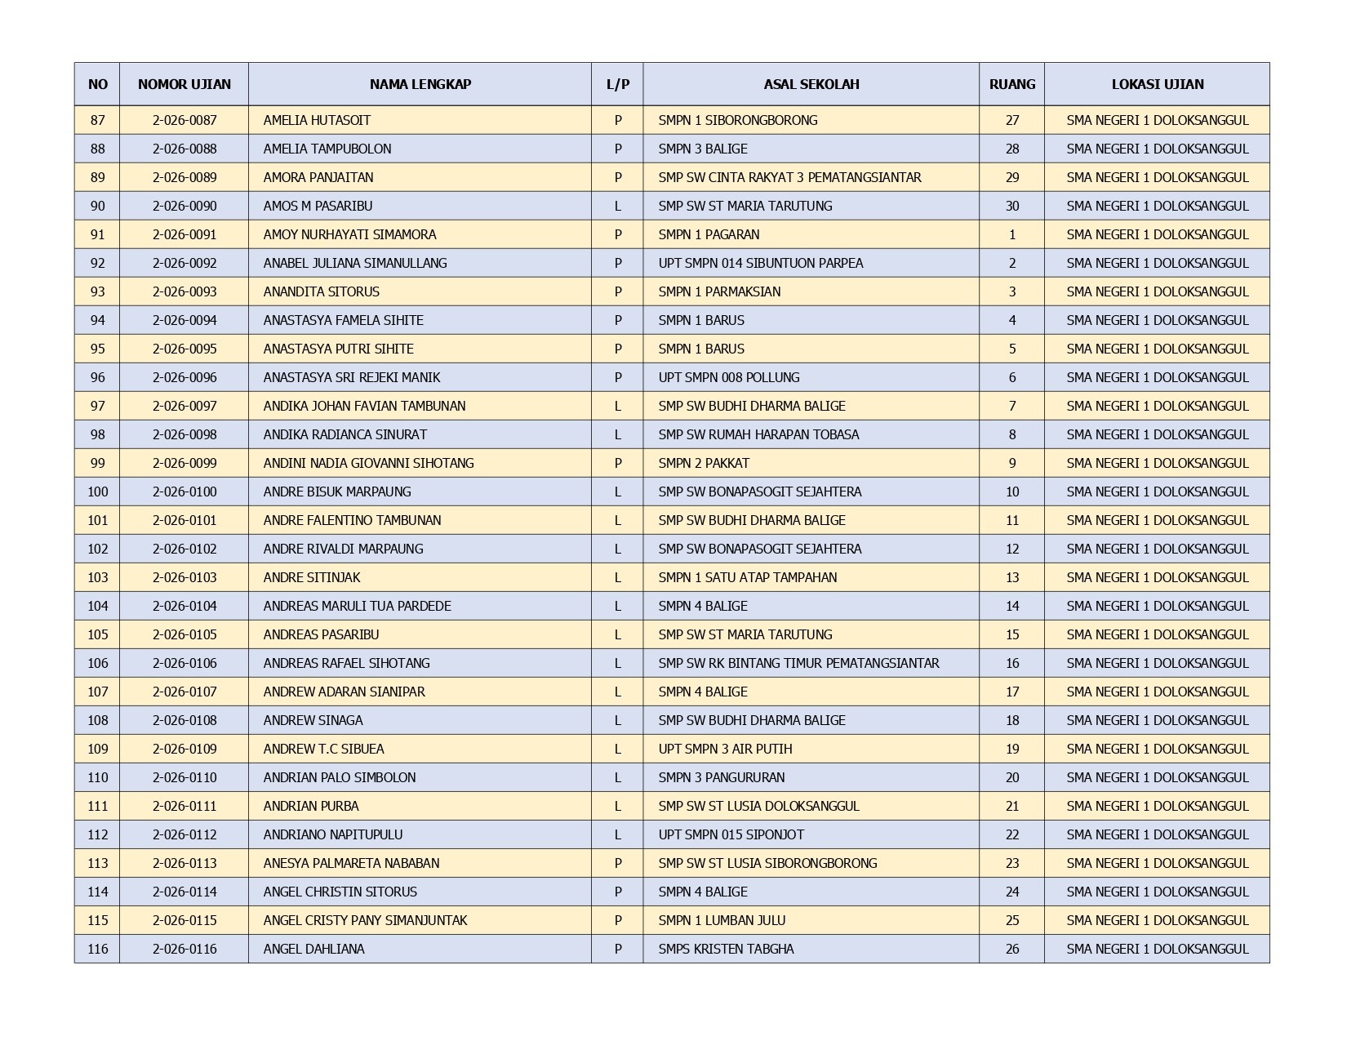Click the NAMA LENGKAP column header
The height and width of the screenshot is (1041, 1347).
click(x=420, y=84)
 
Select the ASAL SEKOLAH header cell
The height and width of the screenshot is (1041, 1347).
click(x=811, y=84)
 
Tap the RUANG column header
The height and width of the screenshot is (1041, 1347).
click(x=1011, y=84)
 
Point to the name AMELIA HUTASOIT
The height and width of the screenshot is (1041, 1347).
click(x=317, y=120)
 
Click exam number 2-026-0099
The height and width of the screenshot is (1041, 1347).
click(x=184, y=463)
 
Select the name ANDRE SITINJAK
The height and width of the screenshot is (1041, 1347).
click(x=311, y=577)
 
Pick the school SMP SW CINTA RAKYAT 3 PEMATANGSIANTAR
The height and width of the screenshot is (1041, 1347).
click(x=789, y=177)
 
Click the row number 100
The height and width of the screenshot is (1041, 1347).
click(x=97, y=492)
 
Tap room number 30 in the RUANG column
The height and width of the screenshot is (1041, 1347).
click(x=1011, y=206)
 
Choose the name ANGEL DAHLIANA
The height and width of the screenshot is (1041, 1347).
click(x=313, y=949)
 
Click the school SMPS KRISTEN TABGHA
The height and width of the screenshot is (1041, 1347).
click(x=726, y=949)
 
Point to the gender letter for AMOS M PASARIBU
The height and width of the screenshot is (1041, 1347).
click(x=617, y=206)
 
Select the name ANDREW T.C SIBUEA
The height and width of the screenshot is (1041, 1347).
click(x=323, y=749)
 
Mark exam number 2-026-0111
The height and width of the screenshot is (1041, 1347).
click(x=184, y=806)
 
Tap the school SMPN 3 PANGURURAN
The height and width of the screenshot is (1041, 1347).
click(x=721, y=777)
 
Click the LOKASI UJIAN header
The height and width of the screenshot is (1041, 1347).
click(x=1157, y=84)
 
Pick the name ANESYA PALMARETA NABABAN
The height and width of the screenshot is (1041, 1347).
click(x=351, y=863)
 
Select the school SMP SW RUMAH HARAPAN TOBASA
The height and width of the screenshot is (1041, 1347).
click(x=758, y=434)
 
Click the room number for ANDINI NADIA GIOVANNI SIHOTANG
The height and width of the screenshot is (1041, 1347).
click(x=1011, y=463)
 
